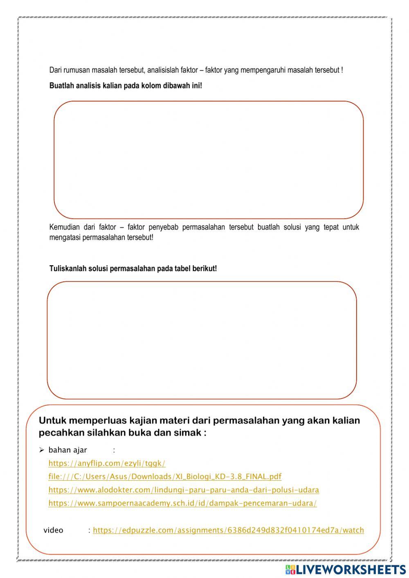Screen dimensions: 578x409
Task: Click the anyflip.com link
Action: (107, 463)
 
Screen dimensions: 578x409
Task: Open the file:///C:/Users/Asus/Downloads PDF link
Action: (165, 477)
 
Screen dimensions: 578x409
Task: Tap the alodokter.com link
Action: (184, 490)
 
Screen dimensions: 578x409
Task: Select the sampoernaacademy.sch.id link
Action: (182, 503)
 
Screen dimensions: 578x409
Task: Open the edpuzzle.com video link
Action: (228, 530)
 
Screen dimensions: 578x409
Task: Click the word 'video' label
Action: (53, 530)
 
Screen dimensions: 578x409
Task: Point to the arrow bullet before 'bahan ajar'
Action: (41, 450)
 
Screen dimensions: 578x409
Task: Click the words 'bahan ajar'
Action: (67, 450)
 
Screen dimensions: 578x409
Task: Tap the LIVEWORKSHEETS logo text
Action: (351, 569)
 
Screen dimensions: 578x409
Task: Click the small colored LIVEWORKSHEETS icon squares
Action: (290, 569)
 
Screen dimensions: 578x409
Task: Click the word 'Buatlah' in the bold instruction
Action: (61, 86)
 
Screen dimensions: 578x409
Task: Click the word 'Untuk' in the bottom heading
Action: (52, 421)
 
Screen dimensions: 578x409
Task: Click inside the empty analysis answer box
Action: (209, 160)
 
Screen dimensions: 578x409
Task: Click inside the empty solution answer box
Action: (202, 340)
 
